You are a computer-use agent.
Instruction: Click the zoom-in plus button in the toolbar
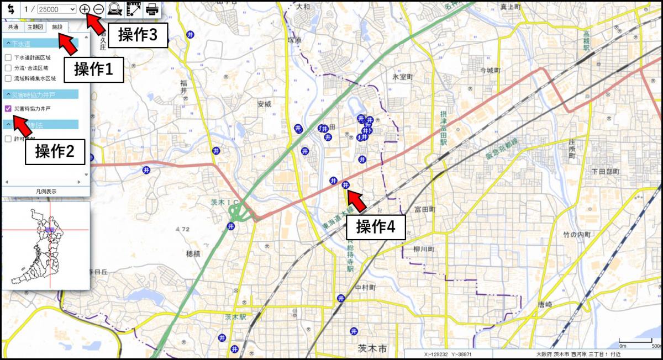coord(84,9)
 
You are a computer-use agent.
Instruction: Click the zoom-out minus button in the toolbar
coord(98,9)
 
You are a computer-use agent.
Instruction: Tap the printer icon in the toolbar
coord(152,9)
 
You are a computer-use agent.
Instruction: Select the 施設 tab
coord(57,27)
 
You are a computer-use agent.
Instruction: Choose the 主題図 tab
coord(35,27)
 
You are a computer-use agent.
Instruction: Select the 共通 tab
coord(13,27)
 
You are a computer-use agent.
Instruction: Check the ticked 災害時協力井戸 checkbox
coord(8,109)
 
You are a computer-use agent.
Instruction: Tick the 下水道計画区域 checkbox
coord(8,57)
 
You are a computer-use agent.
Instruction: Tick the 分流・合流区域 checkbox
coord(8,68)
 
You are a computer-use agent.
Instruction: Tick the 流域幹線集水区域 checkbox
coord(8,78)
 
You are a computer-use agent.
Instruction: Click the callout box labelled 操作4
coord(376,227)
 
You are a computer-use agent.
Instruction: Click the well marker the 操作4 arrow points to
coord(346,184)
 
